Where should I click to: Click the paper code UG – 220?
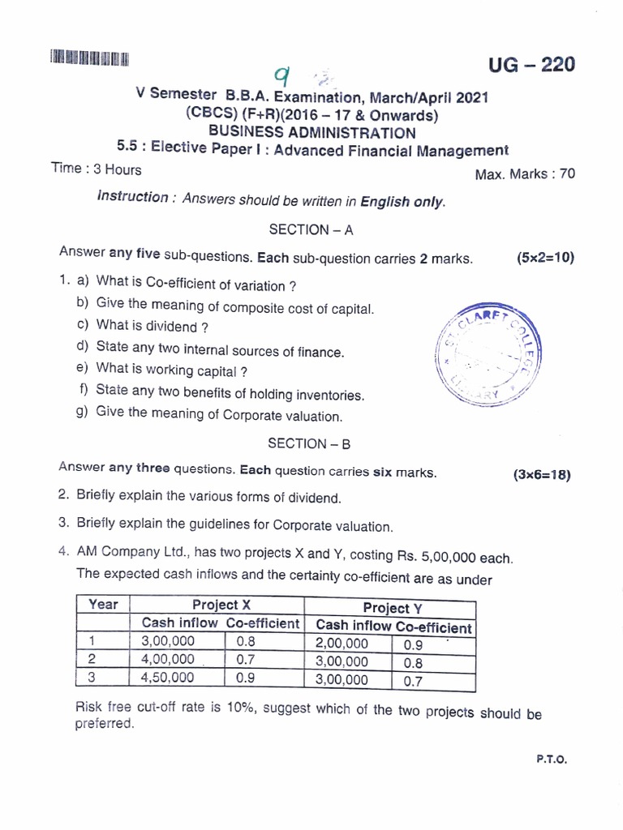(x=531, y=64)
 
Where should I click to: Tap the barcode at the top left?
(x=89, y=58)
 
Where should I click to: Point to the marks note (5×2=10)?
(x=544, y=258)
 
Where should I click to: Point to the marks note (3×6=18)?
(x=542, y=475)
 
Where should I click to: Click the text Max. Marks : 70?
(x=525, y=173)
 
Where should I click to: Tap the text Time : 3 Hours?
(x=96, y=169)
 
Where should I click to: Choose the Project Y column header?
(x=393, y=608)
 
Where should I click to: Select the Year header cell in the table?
(x=103, y=605)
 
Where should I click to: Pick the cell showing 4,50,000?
(x=168, y=678)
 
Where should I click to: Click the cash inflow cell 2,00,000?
(x=341, y=644)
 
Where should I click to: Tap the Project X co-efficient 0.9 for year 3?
(x=246, y=678)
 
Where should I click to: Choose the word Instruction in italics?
(x=133, y=197)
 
